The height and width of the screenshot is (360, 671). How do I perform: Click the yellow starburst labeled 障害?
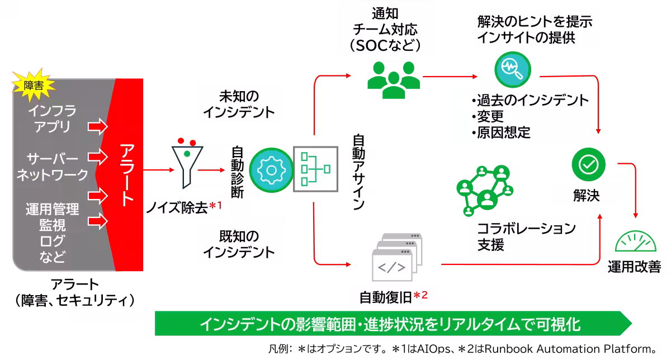32,85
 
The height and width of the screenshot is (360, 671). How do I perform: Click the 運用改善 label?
634,268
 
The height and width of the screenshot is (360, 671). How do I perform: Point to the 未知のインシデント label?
239,103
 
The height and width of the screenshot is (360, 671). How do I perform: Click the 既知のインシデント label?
239,243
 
